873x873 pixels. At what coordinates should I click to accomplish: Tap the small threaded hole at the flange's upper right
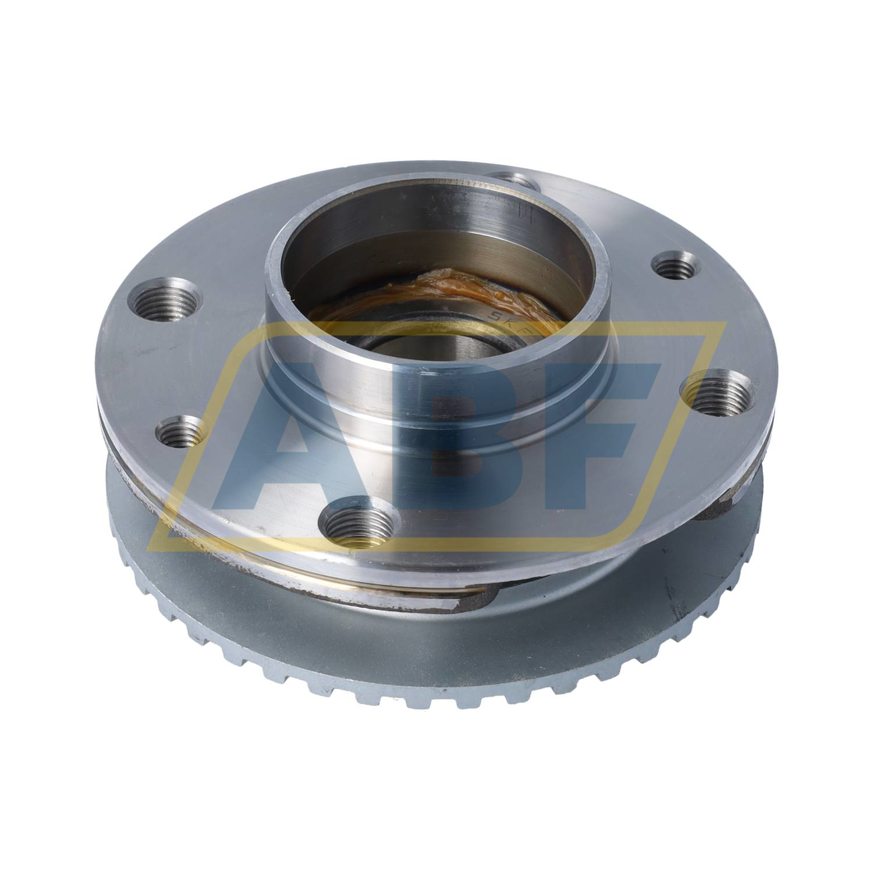(675, 265)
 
